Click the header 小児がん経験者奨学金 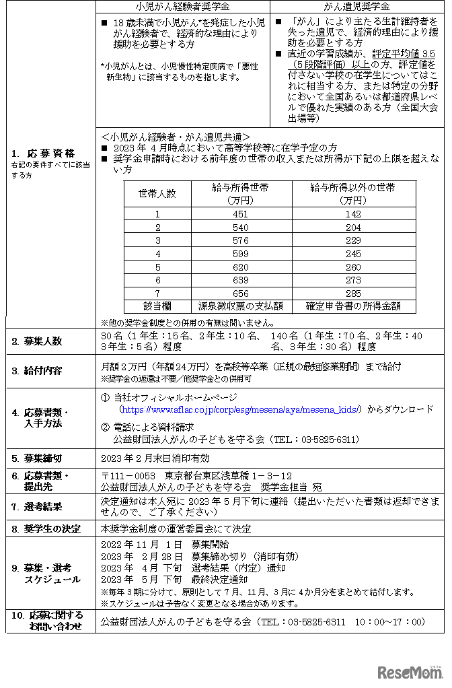click(x=182, y=7)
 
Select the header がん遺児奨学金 click(x=357, y=7)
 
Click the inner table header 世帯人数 click(x=157, y=193)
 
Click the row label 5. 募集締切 click(x=36, y=458)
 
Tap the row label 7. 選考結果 click(x=36, y=506)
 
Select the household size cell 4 click(x=157, y=253)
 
